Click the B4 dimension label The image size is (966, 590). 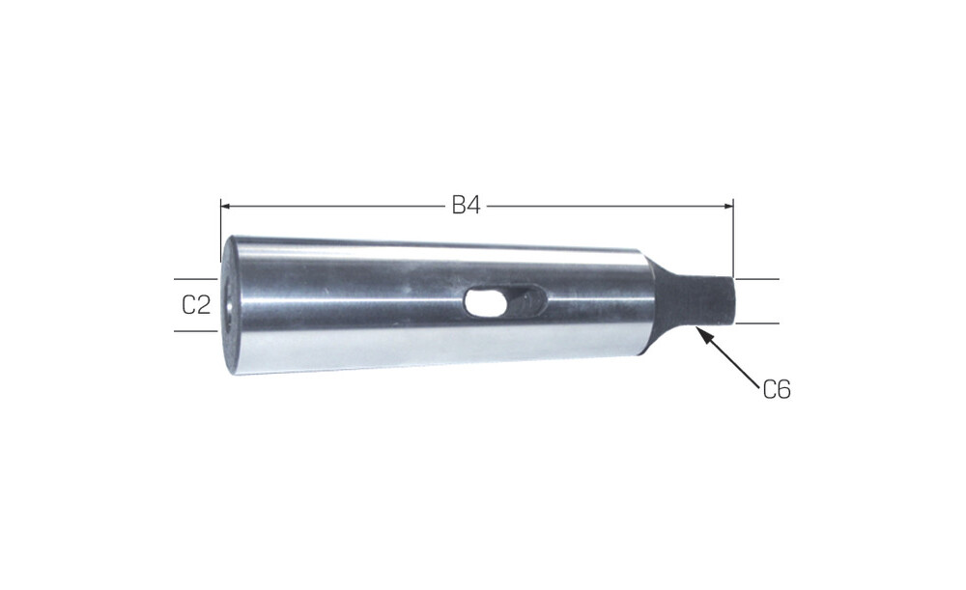[x=466, y=205]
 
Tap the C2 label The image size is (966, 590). [x=196, y=304]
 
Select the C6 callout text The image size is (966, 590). [x=777, y=390]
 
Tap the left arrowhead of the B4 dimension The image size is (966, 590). [x=225, y=206]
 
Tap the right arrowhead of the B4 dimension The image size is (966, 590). [x=728, y=206]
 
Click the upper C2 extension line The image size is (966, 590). [x=196, y=279]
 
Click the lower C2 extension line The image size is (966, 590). [x=196, y=330]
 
